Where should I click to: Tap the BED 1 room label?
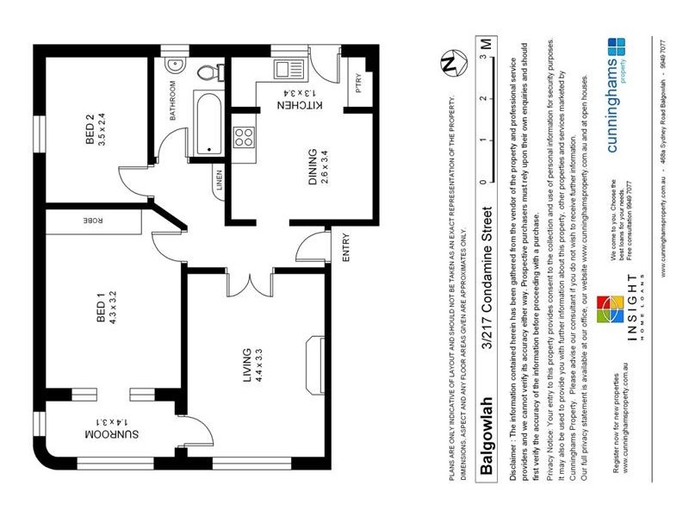click(x=101, y=308)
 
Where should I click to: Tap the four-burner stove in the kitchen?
click(x=244, y=136)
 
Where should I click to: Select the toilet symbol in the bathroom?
click(x=206, y=72)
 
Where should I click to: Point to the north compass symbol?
click(x=448, y=63)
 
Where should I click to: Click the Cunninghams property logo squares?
click(x=616, y=47)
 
